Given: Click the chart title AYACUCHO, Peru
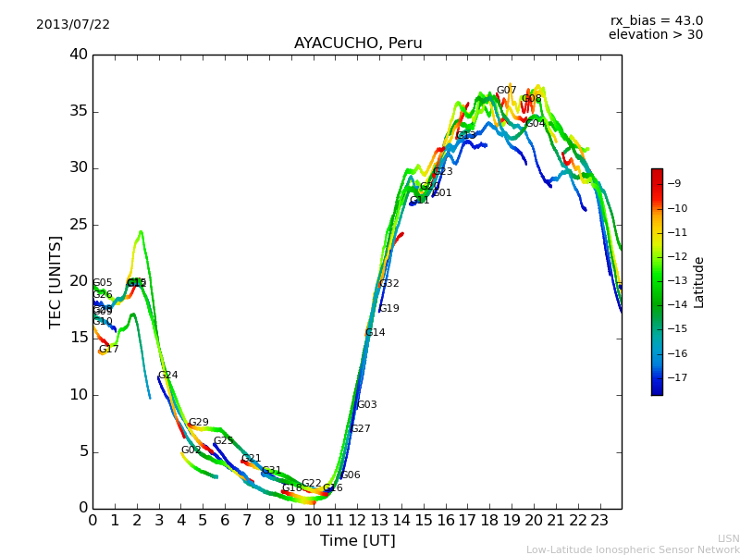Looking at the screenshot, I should tap(358, 43).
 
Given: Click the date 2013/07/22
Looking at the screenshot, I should tap(73, 25).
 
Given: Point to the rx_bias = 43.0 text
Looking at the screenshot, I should tap(656, 21).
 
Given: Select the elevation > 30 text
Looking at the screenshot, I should tap(655, 35).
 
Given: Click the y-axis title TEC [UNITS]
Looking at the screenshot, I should tap(56, 281).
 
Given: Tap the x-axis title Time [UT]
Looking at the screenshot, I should tap(357, 541).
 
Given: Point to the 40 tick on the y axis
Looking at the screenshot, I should tap(79, 55).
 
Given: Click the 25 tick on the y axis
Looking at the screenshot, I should tap(79, 225).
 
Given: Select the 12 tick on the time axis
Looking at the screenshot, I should tap(357, 520).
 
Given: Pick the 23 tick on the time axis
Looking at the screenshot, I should tap(599, 520).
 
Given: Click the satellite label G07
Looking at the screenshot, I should tap(506, 92).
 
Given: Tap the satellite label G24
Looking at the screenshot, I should tap(167, 376).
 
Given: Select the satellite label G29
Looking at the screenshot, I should tap(198, 423).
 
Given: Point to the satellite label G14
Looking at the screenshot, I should tap(375, 333).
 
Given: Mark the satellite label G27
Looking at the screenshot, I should tap(360, 429).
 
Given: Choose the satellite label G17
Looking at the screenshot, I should tap(109, 350).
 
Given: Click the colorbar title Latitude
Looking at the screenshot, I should tap(699, 282).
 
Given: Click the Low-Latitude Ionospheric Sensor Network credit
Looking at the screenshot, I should tap(633, 550).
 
